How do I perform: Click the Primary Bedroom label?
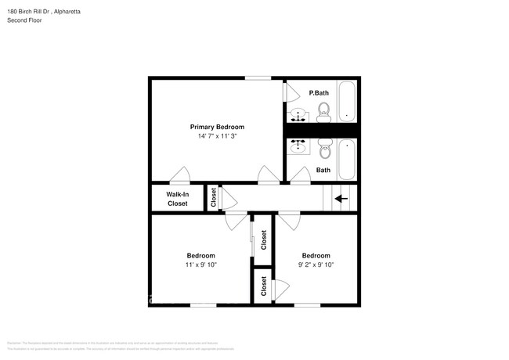217,127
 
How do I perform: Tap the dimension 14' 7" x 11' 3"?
217,136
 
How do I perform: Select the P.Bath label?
319,93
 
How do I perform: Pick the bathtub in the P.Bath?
347,101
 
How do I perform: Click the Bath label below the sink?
323,170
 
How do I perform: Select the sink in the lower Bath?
298,146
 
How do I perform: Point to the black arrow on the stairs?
341,199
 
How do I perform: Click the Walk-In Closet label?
177,199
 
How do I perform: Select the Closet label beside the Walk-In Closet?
213,199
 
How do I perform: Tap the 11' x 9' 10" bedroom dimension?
200,265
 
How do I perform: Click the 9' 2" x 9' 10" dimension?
316,265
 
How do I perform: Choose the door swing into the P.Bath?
292,93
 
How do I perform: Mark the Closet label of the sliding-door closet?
264,239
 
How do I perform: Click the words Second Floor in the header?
25,20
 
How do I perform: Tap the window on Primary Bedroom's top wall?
258,77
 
